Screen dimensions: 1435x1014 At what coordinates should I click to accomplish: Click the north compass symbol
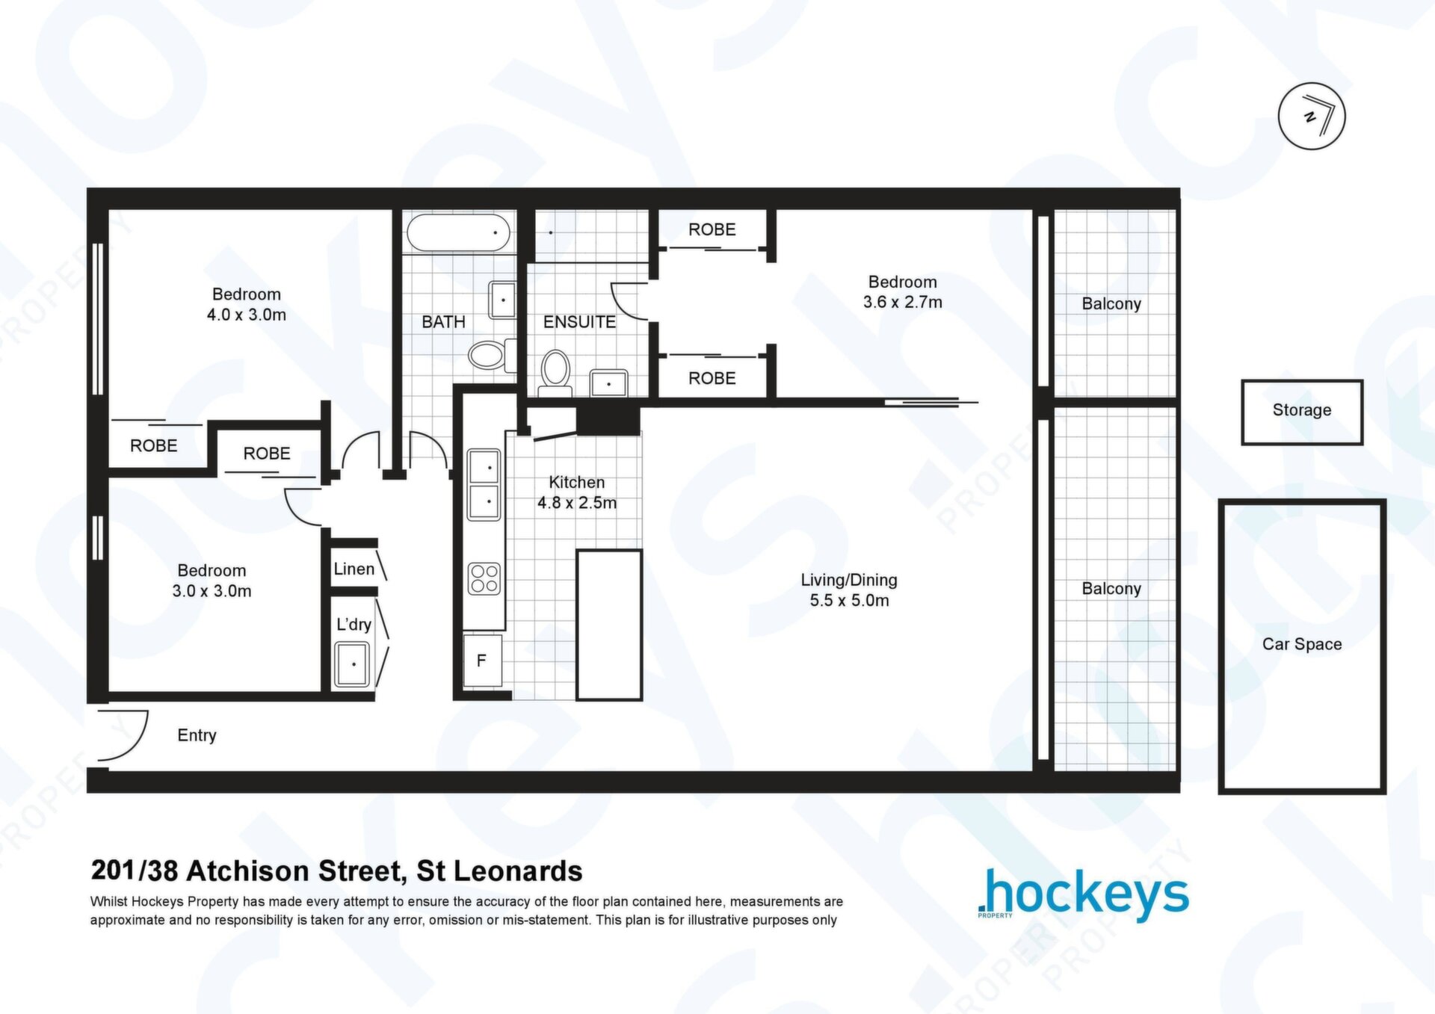(1312, 116)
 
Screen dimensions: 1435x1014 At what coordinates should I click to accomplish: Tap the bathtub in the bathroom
(459, 232)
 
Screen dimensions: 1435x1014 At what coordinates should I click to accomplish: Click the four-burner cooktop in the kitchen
(484, 579)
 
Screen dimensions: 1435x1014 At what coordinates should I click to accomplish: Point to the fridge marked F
(482, 661)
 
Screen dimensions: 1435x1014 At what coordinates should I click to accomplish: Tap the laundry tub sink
(352, 664)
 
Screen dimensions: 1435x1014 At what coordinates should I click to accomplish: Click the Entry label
(197, 735)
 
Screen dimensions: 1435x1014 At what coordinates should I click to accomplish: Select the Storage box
(1302, 412)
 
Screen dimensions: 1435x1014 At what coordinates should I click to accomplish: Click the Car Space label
(1302, 644)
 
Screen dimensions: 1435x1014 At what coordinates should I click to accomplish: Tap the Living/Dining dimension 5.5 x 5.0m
(850, 601)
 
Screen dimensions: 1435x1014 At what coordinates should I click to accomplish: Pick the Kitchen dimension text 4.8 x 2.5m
(577, 503)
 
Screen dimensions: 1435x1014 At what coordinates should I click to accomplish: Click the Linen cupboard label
(354, 569)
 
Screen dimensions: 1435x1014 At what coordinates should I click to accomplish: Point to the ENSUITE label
(579, 322)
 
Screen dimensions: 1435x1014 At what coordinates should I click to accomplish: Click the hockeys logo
(1083, 894)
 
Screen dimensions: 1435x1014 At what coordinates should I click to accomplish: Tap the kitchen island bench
(609, 625)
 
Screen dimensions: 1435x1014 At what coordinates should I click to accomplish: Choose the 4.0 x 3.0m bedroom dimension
(247, 315)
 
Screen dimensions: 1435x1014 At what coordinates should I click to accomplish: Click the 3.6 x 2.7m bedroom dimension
(903, 303)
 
